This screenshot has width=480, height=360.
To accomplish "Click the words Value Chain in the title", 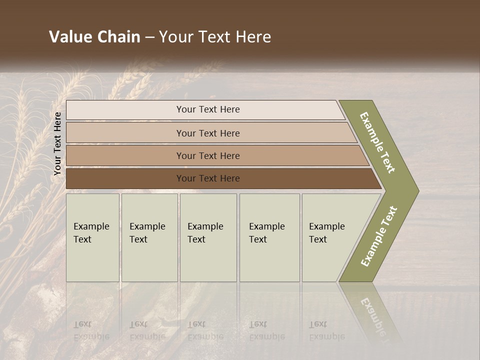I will click(94, 37).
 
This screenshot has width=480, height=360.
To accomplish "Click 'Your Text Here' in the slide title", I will click(214, 37).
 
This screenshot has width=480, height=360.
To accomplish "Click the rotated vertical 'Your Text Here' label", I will click(57, 144).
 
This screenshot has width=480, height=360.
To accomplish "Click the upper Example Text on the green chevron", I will click(377, 142).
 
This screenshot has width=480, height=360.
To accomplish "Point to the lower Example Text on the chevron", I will click(379, 236).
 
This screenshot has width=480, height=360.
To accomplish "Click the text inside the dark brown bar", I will click(208, 178).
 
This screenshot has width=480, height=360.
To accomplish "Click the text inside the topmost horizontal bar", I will click(208, 109).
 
